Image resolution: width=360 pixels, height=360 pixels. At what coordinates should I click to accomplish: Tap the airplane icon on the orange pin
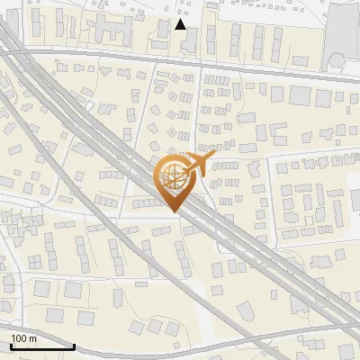point(195,165)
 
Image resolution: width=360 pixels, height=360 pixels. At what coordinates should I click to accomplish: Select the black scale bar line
point(42,346)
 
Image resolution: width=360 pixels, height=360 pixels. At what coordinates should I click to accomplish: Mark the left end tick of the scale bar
point(11,345)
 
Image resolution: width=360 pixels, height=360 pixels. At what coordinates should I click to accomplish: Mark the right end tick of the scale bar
point(74,345)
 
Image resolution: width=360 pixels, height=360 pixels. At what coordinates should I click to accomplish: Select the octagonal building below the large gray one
point(337,61)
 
